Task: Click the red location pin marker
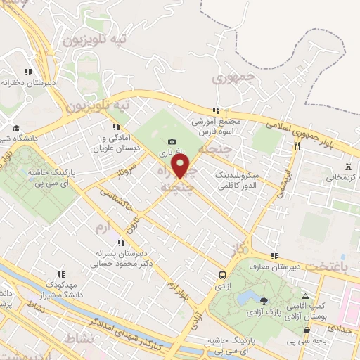[181, 167]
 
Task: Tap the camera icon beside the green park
[172, 142]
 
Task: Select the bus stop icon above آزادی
[223, 276]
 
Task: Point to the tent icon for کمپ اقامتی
[304, 296]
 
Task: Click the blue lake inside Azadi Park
[247, 298]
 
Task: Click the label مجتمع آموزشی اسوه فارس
[216, 126]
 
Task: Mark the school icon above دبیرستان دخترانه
[28, 72]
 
